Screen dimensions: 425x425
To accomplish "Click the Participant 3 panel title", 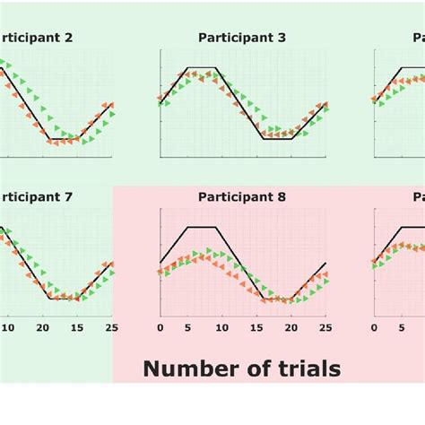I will pyautogui.click(x=242, y=38).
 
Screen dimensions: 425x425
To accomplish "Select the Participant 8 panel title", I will pyautogui.click(x=242, y=196).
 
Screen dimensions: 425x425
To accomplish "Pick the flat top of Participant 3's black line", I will pyautogui.click(x=202, y=68).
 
